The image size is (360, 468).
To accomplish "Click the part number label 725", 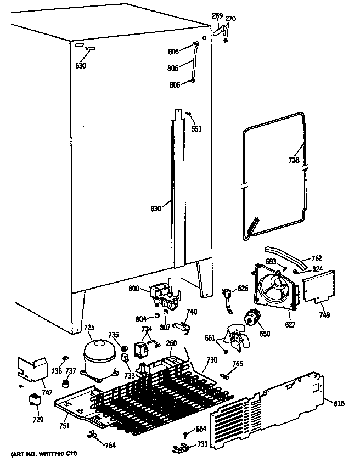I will pyautogui.click(x=89, y=328).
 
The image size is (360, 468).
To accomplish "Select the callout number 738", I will pyautogui.click(x=294, y=161).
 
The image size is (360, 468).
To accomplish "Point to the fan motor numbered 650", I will pyautogui.click(x=253, y=317).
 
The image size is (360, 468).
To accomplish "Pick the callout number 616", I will pyautogui.click(x=339, y=404).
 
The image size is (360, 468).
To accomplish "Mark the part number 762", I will pyautogui.click(x=317, y=258).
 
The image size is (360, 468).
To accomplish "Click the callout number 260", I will pyautogui.click(x=171, y=344).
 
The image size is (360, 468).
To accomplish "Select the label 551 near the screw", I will pyautogui.click(x=196, y=129).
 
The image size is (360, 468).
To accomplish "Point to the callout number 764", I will pyautogui.click(x=110, y=445).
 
